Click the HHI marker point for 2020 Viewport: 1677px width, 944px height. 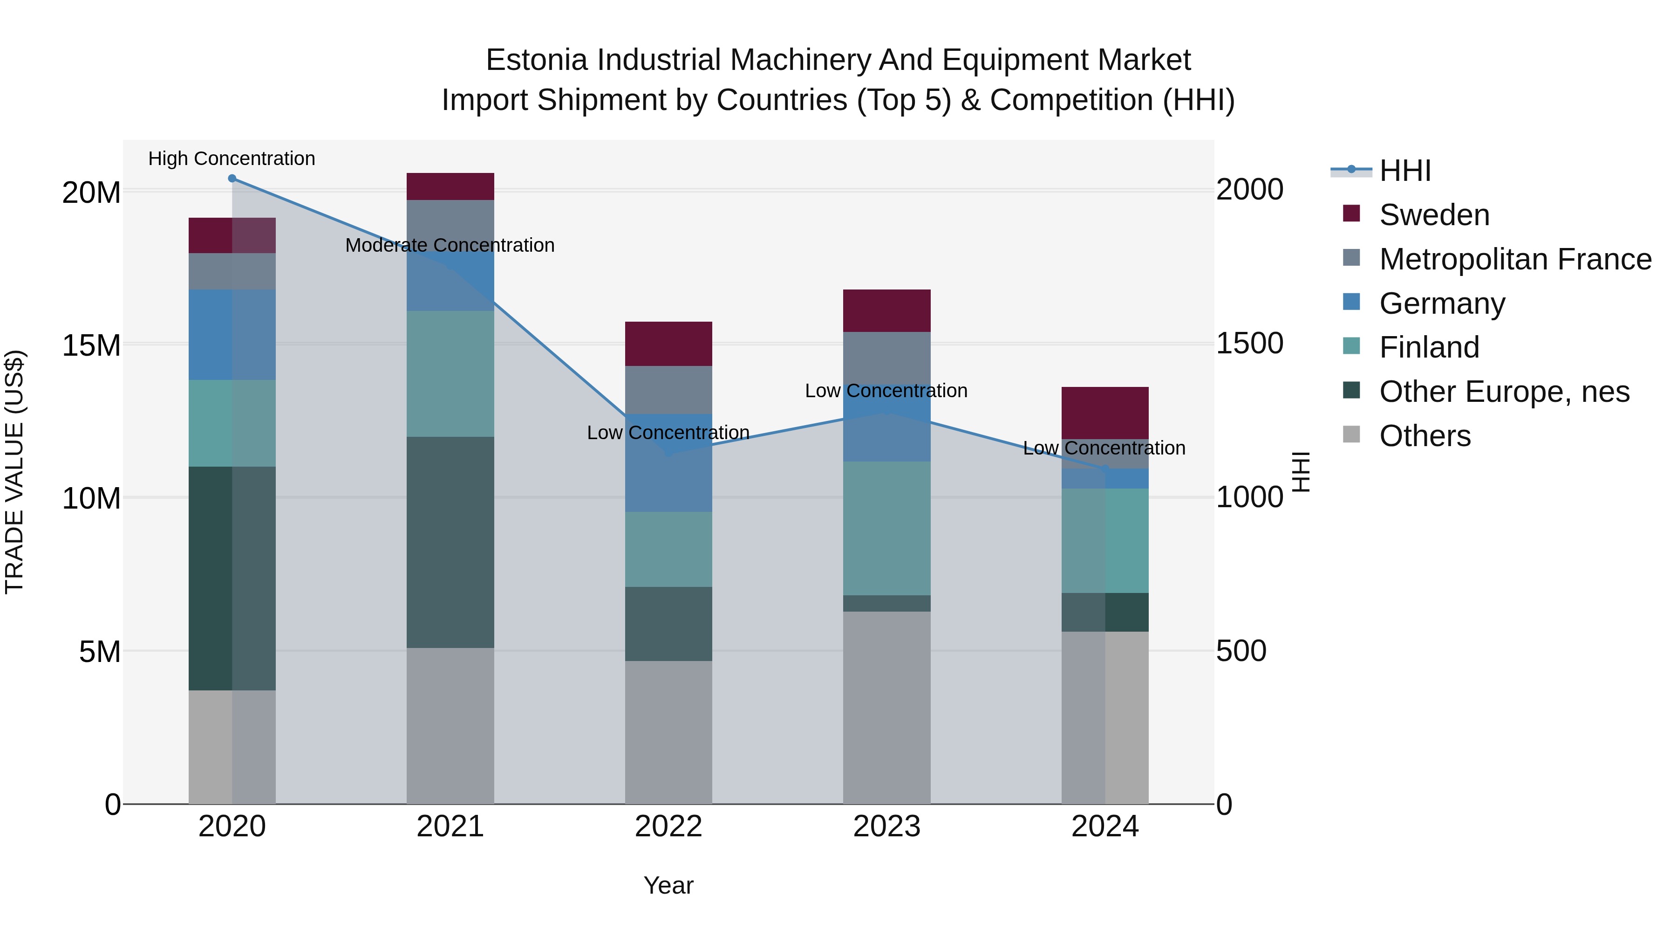[x=232, y=179]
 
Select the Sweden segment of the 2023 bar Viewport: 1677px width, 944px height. [x=886, y=311]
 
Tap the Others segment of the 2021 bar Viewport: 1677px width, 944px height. [x=450, y=726]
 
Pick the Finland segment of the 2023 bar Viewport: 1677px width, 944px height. [x=886, y=528]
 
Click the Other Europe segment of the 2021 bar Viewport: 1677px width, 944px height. [x=450, y=542]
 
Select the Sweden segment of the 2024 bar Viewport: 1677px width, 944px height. [x=1105, y=413]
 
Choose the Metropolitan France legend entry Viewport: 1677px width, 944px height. [x=1515, y=259]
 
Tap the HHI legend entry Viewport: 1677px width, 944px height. [x=1405, y=171]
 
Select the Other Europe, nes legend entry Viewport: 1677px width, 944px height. [x=1504, y=392]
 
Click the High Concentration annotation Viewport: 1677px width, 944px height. [x=232, y=158]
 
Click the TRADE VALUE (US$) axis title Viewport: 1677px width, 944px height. [x=14, y=472]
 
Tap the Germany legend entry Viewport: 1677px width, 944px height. [x=1442, y=303]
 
